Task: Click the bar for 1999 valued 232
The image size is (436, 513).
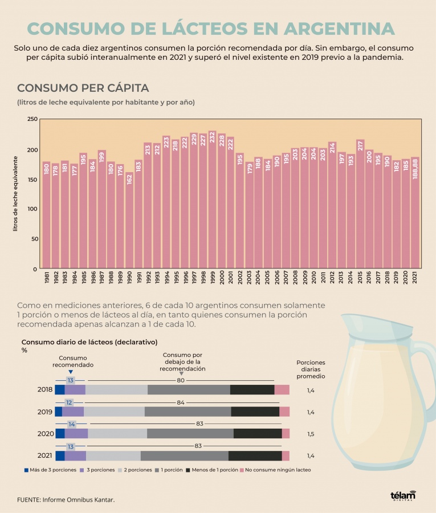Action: [213, 199]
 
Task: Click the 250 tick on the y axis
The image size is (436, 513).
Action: [32, 120]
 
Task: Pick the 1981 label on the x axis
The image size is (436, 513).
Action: [47, 278]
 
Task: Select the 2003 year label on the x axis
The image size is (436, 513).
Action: [250, 278]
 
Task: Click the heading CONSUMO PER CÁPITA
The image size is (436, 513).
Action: [83, 88]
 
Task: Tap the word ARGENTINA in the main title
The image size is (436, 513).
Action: [339, 30]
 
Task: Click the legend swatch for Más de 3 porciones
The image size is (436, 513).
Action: [26, 470]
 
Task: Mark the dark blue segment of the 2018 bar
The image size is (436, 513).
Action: [59, 390]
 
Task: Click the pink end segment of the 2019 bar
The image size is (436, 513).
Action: [284, 412]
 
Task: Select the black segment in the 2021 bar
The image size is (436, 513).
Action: [255, 455]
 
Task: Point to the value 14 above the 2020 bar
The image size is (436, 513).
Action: [71, 424]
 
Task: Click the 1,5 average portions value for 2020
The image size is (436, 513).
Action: [311, 434]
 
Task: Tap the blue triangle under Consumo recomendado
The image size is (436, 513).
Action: [71, 372]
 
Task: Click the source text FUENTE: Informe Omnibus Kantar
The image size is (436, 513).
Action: [66, 499]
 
